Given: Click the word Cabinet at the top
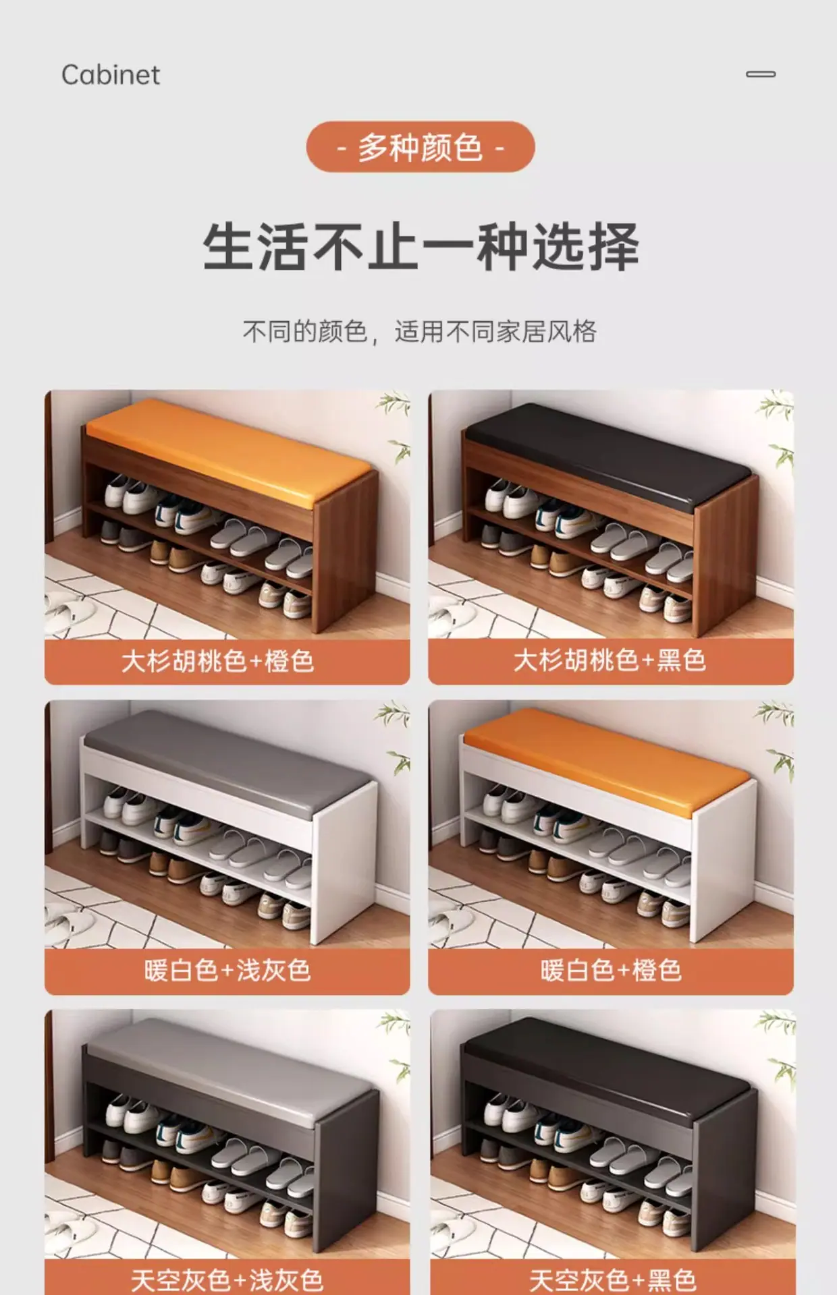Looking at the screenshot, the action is point(111,75).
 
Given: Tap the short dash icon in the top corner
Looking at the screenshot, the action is point(761,74).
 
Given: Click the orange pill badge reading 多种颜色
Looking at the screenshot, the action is point(420,146).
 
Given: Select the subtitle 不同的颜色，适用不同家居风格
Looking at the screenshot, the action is point(419,331).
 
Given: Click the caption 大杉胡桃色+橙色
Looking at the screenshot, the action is point(218,661).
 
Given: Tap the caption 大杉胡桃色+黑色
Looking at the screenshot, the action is point(610,660).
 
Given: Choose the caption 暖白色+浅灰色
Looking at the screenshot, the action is point(227,971).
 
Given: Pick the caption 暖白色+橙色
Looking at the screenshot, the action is point(611,971).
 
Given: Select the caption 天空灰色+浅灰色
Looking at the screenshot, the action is point(227,1279).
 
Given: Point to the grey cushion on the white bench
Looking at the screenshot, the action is point(230,759).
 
